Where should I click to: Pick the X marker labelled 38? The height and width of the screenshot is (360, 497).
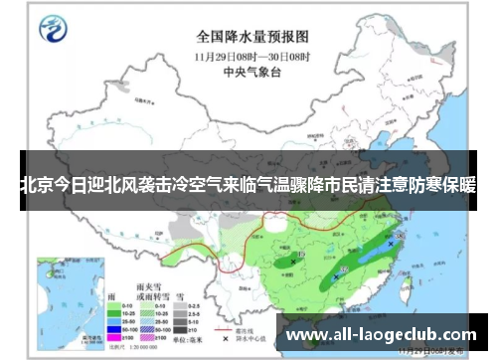tap(295, 262)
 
